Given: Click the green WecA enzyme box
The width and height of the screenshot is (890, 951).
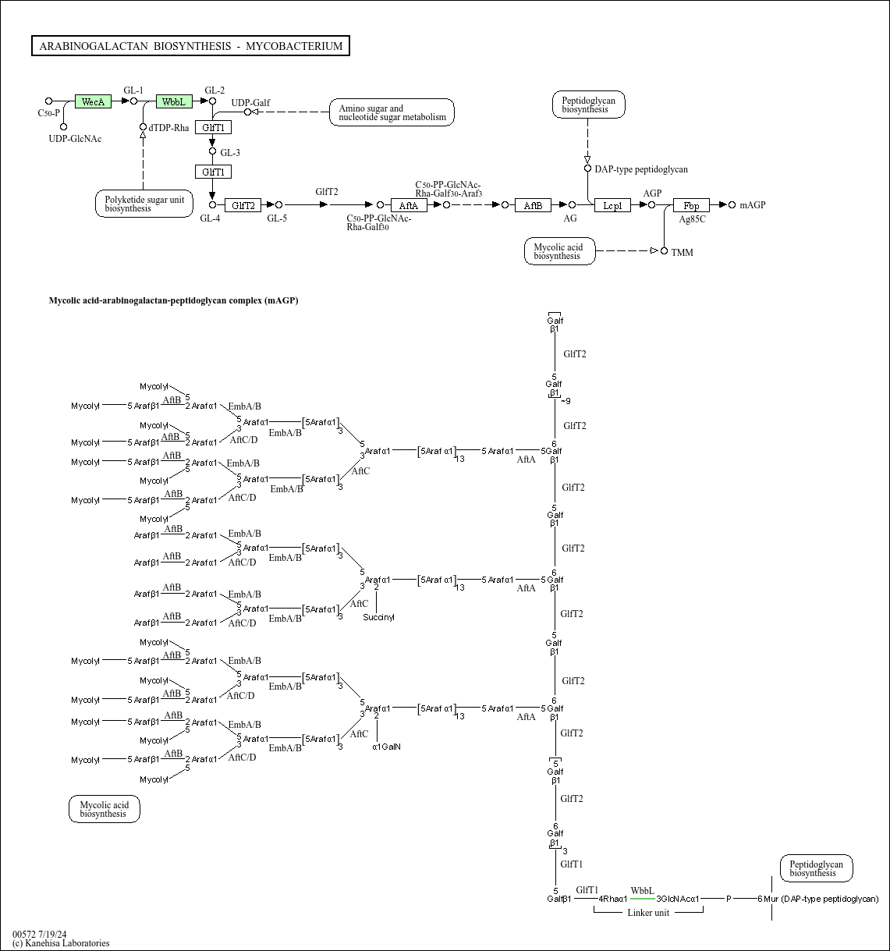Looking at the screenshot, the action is [x=93, y=101].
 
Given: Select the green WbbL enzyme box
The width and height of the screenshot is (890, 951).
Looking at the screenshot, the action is [x=174, y=101].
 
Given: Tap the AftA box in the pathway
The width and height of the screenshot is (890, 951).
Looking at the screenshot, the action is [x=409, y=205].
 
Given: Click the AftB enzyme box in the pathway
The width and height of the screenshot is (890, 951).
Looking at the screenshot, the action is [x=533, y=205].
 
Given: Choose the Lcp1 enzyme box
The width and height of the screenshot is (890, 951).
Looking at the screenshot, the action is [x=612, y=205].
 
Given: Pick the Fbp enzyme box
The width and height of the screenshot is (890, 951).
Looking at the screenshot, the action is [x=691, y=205].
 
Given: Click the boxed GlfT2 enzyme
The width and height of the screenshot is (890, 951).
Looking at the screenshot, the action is [x=243, y=205].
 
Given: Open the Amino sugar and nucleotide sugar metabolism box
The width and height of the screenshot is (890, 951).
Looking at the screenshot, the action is [x=392, y=112].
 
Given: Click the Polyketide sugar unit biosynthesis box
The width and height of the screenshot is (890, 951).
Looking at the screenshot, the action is [x=144, y=204].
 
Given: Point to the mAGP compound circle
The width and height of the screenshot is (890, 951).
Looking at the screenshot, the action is [x=732, y=205].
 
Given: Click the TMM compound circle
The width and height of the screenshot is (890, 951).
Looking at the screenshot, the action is [x=664, y=251].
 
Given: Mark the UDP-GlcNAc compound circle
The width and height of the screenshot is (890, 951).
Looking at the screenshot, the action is [x=63, y=127].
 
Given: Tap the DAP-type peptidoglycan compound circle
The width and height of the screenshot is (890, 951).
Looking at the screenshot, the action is [x=588, y=169].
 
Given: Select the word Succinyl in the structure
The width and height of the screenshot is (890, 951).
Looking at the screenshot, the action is [x=378, y=617].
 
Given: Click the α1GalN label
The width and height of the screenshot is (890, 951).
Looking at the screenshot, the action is [x=387, y=747].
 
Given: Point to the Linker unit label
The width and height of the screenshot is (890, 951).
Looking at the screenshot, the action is [x=648, y=913].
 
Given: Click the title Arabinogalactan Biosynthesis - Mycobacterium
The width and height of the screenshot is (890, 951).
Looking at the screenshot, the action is [x=190, y=46].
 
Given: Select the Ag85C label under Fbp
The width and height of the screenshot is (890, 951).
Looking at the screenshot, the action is [x=692, y=219].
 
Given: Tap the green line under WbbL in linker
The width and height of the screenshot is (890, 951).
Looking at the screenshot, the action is [x=643, y=899].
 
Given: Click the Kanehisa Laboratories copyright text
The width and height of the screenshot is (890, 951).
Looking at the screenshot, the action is [x=61, y=943].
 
